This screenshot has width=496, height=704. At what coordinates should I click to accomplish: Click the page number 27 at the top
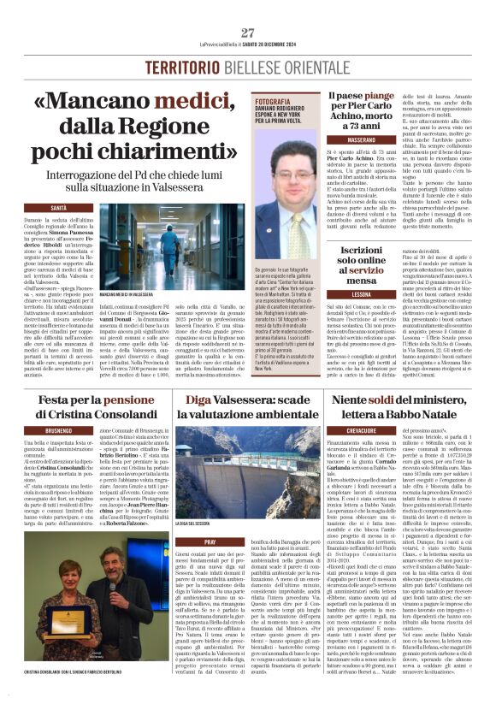click(x=248, y=33)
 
